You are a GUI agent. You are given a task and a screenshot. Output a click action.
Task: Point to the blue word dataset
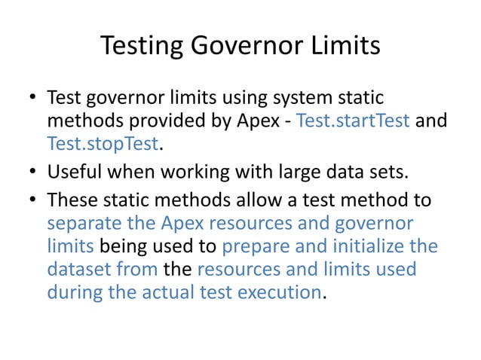point(78,269)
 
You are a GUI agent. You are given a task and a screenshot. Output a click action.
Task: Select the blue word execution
point(280,291)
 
